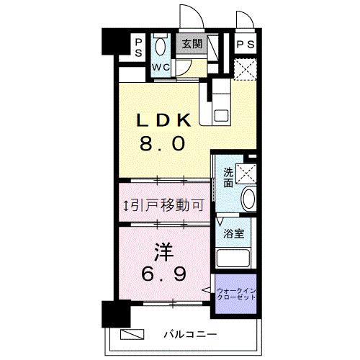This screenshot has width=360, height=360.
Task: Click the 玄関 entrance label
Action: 191,44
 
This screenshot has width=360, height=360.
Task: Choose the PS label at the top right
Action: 244,44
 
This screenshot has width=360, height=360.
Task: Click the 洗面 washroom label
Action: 228,176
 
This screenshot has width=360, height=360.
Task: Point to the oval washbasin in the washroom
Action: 247,199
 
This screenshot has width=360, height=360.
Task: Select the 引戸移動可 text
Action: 166,205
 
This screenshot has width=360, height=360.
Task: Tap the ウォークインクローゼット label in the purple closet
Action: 237,294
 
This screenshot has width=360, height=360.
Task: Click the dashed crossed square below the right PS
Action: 246,70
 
